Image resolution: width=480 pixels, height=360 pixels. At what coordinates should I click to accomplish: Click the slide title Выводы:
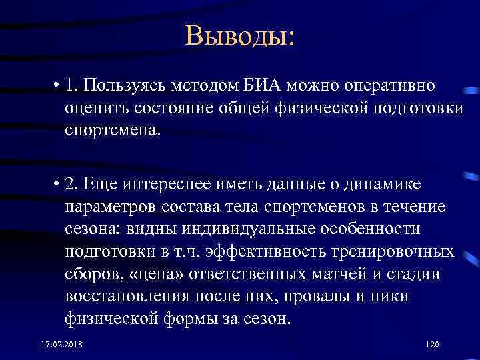(x=240, y=35)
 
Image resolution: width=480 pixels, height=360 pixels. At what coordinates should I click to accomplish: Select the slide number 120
(x=433, y=343)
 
